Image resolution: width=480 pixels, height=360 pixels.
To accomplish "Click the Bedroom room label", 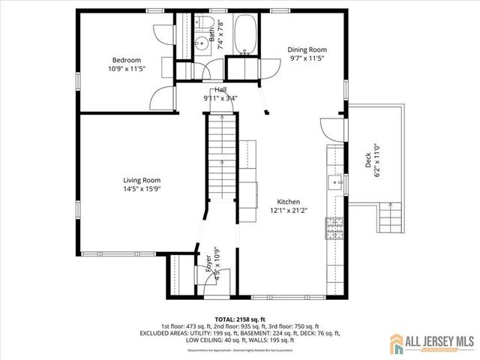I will tap(126, 60).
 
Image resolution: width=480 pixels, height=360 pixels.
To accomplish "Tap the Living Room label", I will tap(142, 180).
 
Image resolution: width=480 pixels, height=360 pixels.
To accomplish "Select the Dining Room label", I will tap(307, 49).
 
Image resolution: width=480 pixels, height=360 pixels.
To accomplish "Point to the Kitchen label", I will tap(289, 202).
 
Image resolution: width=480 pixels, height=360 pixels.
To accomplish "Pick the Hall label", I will tap(220, 90).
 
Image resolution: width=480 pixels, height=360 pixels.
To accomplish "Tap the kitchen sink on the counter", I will tap(333, 180).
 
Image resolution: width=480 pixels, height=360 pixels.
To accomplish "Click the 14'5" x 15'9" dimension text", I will tap(142, 189).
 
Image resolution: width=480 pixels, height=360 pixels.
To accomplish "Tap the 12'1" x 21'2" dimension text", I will tap(289, 211).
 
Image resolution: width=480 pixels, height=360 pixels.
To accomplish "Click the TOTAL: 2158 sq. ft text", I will tap(239, 319).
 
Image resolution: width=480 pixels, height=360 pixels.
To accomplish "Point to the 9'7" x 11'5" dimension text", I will tap(307, 58).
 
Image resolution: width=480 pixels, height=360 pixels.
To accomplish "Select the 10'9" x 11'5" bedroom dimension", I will tap(126, 69).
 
